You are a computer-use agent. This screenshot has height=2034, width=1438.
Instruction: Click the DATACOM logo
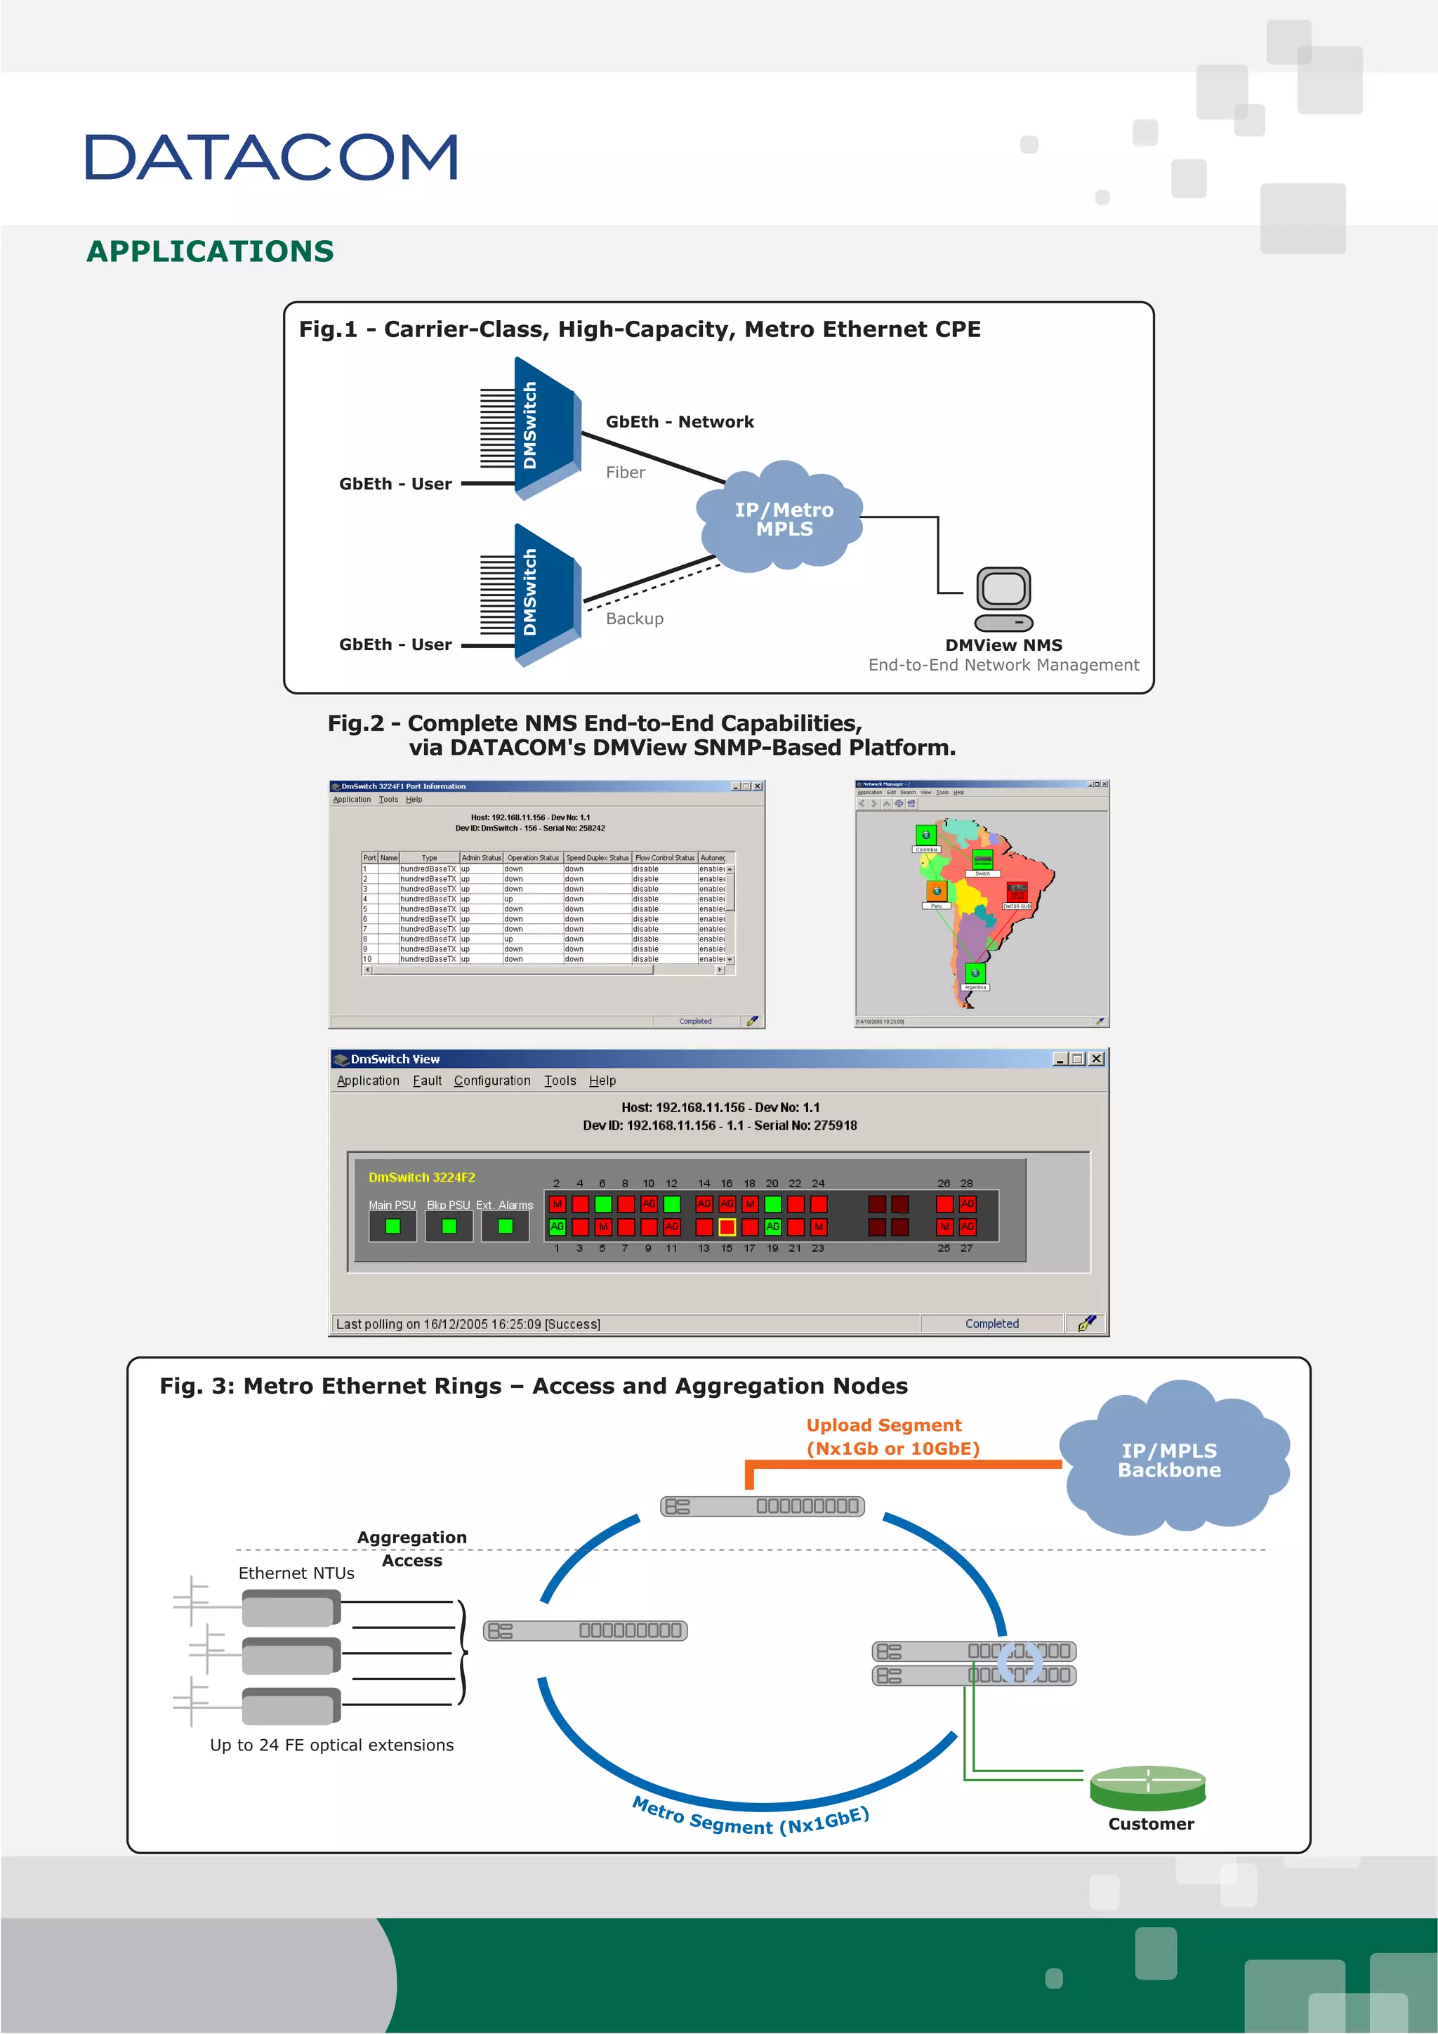[x=271, y=158]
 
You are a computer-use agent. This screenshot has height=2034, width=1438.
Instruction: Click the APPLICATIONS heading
[x=210, y=251]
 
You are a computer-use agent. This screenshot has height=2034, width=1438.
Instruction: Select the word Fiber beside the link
[x=625, y=473]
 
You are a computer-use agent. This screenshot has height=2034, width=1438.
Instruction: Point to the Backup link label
[x=634, y=619]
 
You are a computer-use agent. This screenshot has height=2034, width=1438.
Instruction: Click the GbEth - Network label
[x=680, y=423]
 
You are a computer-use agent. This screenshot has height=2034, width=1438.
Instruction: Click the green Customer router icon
[x=1147, y=1788]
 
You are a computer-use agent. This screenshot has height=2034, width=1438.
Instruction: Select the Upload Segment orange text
[x=883, y=1425]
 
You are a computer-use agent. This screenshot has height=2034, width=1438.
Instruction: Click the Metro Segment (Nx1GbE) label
[x=750, y=1820]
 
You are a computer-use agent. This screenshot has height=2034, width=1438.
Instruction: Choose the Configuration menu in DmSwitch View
[x=492, y=1081]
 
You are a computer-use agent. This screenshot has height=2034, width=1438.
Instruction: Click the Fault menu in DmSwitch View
[x=427, y=1081]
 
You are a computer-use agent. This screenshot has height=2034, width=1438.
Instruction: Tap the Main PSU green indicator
[x=393, y=1226]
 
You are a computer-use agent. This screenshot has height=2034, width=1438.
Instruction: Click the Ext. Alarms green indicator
[x=505, y=1226]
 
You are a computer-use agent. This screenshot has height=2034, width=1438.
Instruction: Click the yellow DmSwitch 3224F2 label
[x=422, y=1177]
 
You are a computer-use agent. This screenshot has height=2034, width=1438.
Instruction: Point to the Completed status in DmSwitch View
[x=991, y=1323]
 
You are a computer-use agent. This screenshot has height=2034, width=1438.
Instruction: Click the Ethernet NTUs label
[x=296, y=1573]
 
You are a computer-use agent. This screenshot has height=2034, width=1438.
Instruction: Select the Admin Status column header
[x=481, y=857]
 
